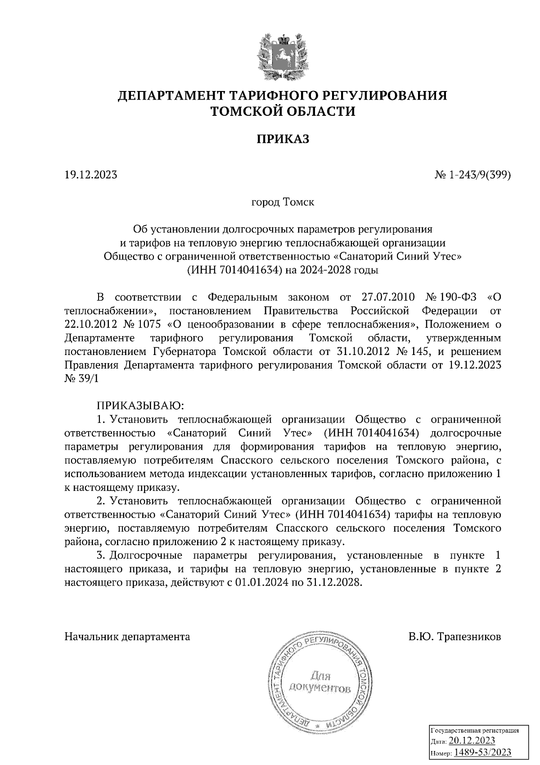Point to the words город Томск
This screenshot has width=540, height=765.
point(283,202)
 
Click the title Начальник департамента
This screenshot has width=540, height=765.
point(127,637)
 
